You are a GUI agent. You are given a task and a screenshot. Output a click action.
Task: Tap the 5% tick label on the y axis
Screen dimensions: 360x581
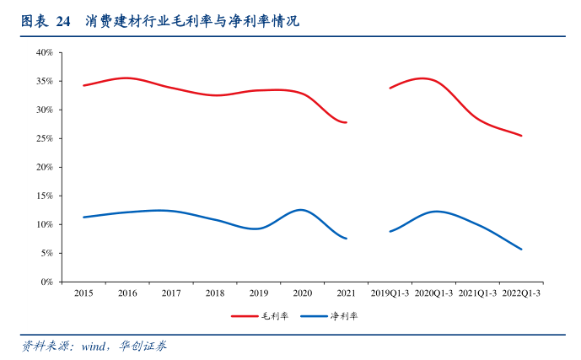(47, 253)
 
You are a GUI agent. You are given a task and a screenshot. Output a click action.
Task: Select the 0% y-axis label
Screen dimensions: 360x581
(47, 282)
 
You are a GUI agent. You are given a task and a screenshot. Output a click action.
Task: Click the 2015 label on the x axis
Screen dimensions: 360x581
(83, 293)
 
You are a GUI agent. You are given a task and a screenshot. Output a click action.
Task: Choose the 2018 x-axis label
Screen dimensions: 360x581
(215, 293)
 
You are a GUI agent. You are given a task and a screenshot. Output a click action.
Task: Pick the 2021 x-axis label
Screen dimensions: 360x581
(346, 293)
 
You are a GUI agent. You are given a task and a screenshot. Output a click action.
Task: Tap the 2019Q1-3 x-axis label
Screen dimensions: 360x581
(390, 293)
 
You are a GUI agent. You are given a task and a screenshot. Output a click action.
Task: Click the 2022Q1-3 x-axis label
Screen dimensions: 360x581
(521, 293)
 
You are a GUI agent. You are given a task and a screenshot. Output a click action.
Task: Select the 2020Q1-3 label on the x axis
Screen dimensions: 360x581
(433, 293)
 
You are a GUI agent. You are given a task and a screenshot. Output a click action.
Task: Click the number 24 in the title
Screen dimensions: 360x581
(63, 21)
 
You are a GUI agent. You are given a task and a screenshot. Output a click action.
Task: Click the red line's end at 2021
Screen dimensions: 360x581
(346, 122)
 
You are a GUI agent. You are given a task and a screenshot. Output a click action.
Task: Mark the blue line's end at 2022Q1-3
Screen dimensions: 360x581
(521, 249)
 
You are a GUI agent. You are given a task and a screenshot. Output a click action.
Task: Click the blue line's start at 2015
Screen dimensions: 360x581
(83, 217)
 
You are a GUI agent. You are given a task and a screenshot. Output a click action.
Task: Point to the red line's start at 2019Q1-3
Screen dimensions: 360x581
(390, 88)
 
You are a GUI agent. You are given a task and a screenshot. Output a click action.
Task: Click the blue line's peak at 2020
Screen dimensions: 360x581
(301, 209)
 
